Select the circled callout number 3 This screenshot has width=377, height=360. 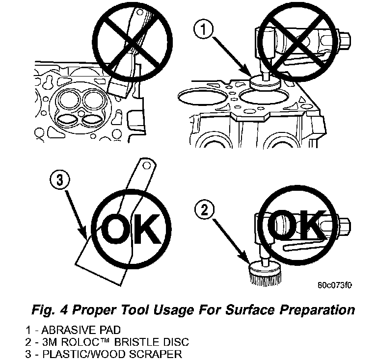[x=59, y=181]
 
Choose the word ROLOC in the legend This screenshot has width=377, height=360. [x=90, y=341]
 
